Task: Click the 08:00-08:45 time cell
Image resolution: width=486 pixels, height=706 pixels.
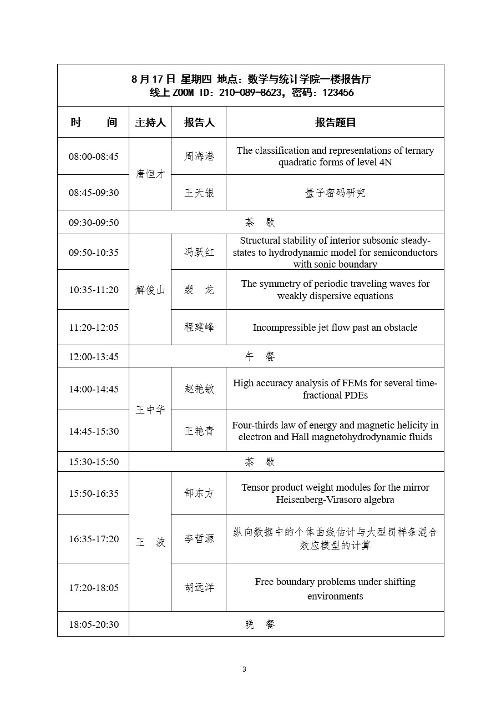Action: tap(94, 157)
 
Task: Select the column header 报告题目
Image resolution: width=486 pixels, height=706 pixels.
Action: tap(335, 123)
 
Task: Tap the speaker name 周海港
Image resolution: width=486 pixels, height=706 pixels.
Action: tap(199, 157)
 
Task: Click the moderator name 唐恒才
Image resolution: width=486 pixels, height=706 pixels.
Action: tap(150, 174)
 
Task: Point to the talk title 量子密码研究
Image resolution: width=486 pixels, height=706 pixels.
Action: tap(335, 193)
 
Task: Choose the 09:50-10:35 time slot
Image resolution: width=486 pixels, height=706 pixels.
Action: tap(94, 253)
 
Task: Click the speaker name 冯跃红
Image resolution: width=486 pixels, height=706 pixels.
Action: tap(199, 253)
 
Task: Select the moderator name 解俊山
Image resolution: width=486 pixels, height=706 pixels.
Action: tap(150, 290)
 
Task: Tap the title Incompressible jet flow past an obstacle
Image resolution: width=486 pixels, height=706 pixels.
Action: tap(335, 327)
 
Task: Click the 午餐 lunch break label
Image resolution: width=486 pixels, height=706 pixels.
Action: tap(260, 356)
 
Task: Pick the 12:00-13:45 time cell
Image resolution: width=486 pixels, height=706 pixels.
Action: tap(94, 356)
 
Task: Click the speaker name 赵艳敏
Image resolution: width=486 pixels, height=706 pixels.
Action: tap(199, 389)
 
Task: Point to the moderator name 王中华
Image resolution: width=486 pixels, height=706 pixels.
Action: tap(150, 410)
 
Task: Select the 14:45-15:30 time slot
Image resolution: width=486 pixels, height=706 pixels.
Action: tap(94, 431)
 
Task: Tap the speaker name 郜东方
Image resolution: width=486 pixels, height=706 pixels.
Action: tap(199, 493)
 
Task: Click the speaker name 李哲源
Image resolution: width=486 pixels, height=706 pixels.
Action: tap(199, 539)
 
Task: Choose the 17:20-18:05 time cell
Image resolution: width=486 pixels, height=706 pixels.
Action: tap(94, 588)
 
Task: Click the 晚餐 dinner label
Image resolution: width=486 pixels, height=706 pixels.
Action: tap(260, 624)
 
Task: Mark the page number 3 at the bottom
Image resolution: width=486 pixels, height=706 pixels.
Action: tap(244, 669)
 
